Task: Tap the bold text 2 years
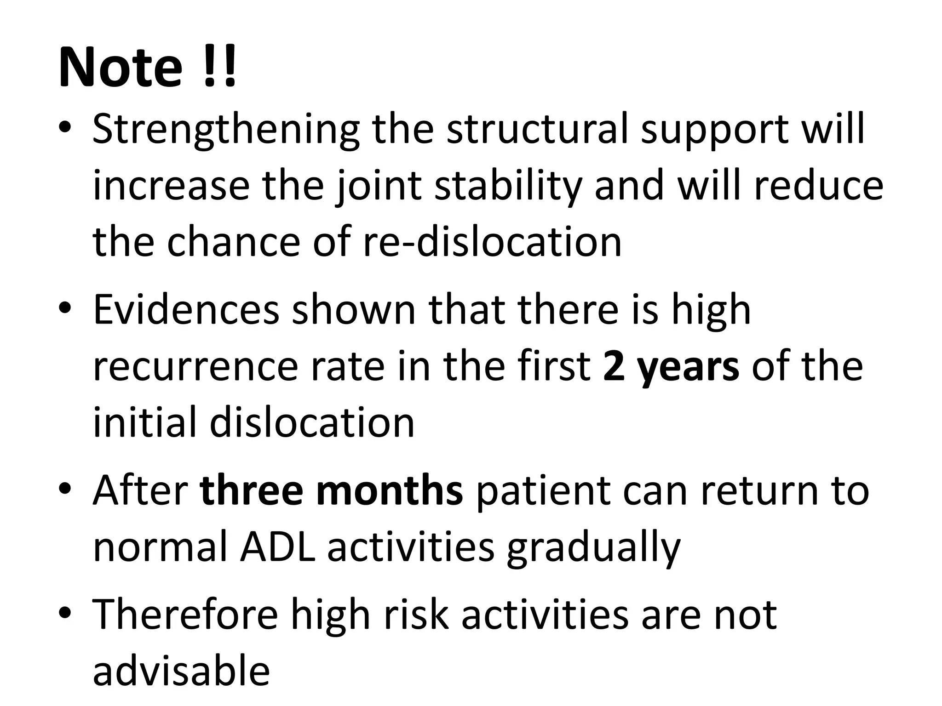pos(671,367)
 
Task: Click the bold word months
pos(390,491)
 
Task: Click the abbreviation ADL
pos(278,547)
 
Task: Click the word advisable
pos(181,671)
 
